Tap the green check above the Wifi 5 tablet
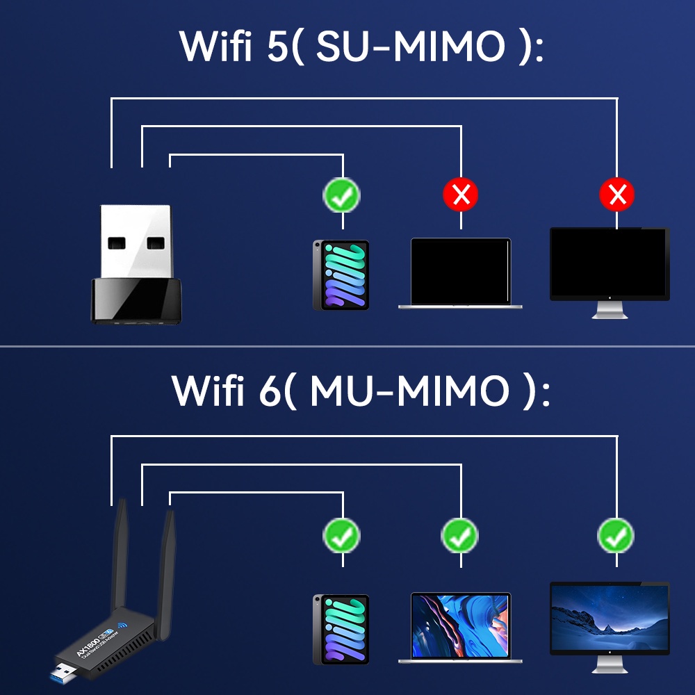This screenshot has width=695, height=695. (x=341, y=195)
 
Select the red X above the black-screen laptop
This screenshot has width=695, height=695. (x=461, y=195)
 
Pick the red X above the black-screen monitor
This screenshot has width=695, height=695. (x=617, y=195)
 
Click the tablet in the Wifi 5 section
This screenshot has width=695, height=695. (x=341, y=275)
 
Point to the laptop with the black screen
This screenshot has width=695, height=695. (x=460, y=273)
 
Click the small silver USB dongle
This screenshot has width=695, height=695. (x=137, y=264)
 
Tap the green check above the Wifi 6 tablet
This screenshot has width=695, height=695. (x=341, y=535)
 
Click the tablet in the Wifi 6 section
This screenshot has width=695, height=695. (x=341, y=628)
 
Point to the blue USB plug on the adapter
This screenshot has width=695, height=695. (x=62, y=674)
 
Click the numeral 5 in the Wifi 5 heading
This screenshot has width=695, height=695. (x=275, y=47)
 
